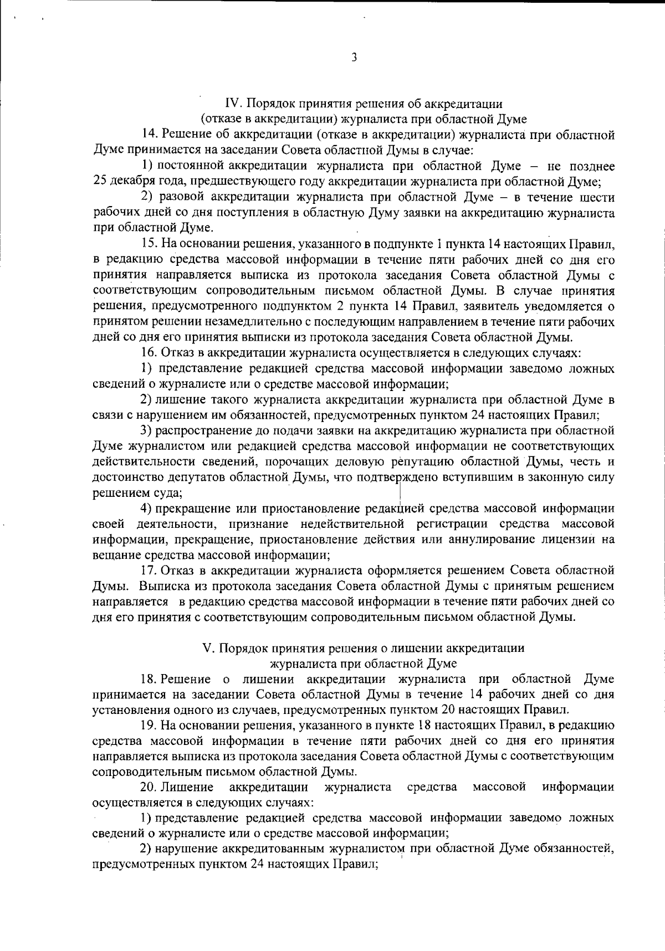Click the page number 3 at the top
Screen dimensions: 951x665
(x=354, y=57)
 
